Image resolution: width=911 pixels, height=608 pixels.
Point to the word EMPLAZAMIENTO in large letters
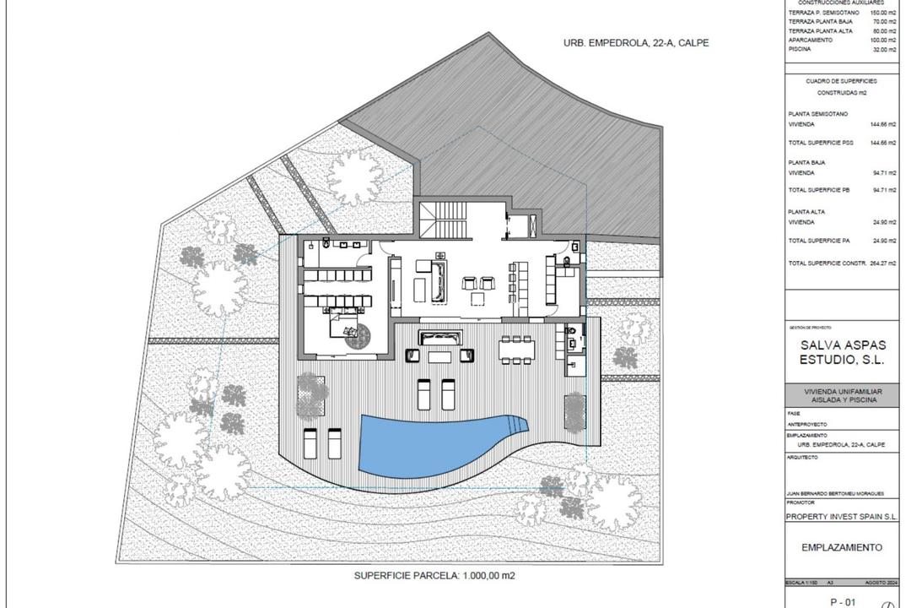[x=841, y=547]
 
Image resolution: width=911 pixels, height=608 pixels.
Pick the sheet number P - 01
[x=842, y=602]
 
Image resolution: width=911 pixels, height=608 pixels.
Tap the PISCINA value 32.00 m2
[x=884, y=49]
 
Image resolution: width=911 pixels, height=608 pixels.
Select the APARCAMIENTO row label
[x=811, y=40]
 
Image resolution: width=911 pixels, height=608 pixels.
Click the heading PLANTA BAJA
[x=806, y=162]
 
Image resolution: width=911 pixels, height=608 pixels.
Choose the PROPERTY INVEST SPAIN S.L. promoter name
[x=841, y=516]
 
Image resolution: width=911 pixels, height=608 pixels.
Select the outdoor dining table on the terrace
[x=516, y=348]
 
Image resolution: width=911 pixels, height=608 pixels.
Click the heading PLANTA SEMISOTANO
[x=818, y=113]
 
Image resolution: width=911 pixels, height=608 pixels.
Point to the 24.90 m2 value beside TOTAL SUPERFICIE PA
[x=884, y=241]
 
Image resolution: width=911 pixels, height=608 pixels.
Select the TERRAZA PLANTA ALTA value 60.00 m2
[x=884, y=30]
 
